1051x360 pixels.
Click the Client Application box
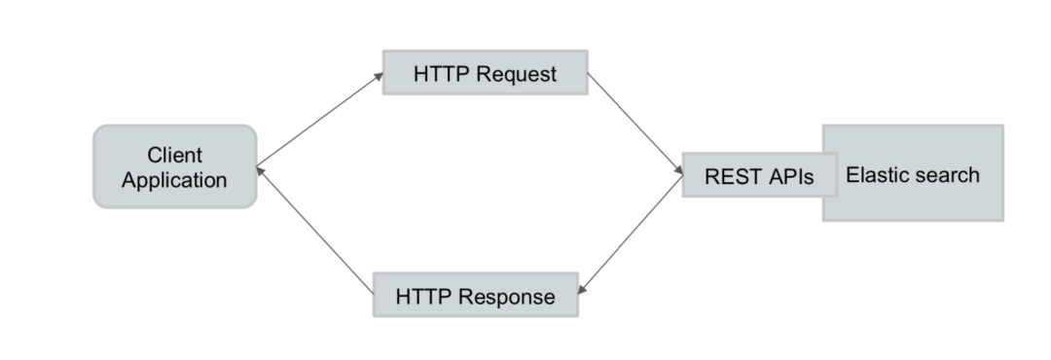pyautogui.click(x=175, y=167)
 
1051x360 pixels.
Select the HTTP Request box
pyautogui.click(x=486, y=72)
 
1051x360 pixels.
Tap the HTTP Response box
pyautogui.click(x=476, y=295)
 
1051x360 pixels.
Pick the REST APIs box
pyautogui.click(x=759, y=175)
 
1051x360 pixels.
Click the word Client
pyautogui.click(x=175, y=155)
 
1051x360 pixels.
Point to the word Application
pyautogui.click(x=174, y=180)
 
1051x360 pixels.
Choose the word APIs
pyautogui.click(x=791, y=176)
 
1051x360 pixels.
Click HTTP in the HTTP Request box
pyautogui.click(x=440, y=74)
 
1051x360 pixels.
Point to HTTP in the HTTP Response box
pyautogui.click(x=422, y=297)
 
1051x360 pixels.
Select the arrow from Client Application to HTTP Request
pyautogui.click(x=320, y=120)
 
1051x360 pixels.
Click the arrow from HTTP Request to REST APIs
pyautogui.click(x=635, y=124)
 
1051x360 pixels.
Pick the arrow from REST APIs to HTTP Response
pyautogui.click(x=630, y=234)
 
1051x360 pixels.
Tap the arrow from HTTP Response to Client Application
pyautogui.click(x=315, y=231)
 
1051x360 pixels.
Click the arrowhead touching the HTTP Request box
pyautogui.click(x=379, y=76)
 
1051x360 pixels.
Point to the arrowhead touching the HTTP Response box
pyautogui.click(x=581, y=290)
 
